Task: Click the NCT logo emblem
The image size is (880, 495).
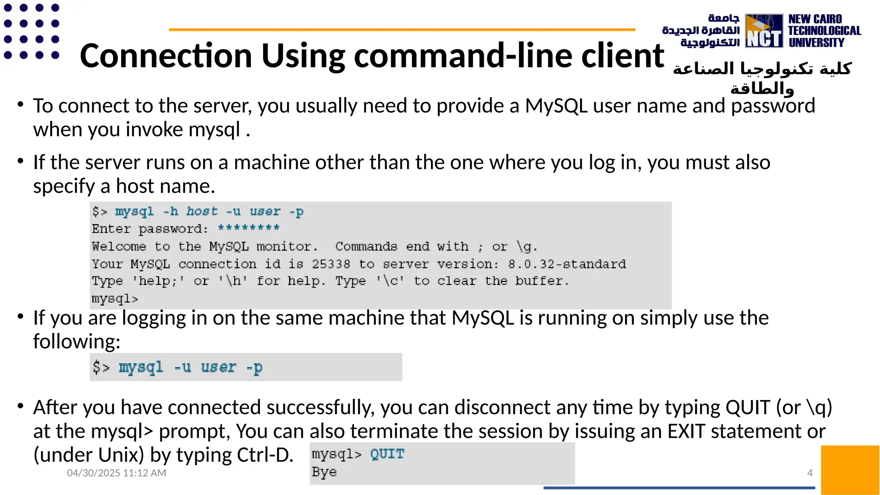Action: [x=764, y=31]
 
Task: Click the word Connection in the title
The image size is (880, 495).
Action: [x=166, y=56]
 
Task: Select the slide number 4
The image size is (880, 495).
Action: [x=810, y=473]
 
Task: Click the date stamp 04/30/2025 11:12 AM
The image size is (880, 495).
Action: [x=116, y=473]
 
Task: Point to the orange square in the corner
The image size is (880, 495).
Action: [x=849, y=470]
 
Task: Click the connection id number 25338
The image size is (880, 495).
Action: [x=331, y=264]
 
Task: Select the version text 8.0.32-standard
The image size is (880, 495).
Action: [x=567, y=264]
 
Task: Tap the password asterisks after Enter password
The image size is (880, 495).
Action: [x=248, y=228]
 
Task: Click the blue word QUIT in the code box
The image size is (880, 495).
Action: [x=387, y=454]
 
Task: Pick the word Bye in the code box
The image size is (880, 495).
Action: [x=324, y=472]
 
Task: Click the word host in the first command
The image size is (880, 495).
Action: [x=202, y=211]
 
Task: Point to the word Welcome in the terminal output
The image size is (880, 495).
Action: [x=119, y=246]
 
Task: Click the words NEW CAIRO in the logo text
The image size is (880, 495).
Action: [x=815, y=19]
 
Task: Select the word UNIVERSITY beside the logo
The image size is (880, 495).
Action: [x=816, y=43]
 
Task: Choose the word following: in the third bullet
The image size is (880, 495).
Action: [x=77, y=342]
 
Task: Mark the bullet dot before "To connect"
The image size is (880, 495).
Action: [x=20, y=104]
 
